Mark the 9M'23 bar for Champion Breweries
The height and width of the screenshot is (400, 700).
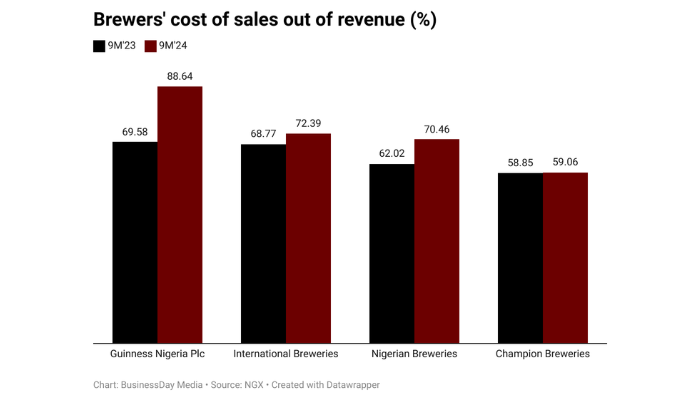[520, 257]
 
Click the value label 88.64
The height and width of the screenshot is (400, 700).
[180, 75]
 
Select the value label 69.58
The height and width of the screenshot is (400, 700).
[135, 131]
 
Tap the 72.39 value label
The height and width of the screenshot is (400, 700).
[308, 122]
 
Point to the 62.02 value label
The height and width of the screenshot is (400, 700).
[392, 153]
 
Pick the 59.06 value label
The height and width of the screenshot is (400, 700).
[565, 161]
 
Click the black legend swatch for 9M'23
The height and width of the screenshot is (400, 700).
[99, 46]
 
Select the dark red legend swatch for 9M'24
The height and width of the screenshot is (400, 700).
[151, 46]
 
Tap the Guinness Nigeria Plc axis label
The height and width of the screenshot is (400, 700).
[157, 354]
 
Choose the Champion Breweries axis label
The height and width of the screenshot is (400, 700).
[543, 354]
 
